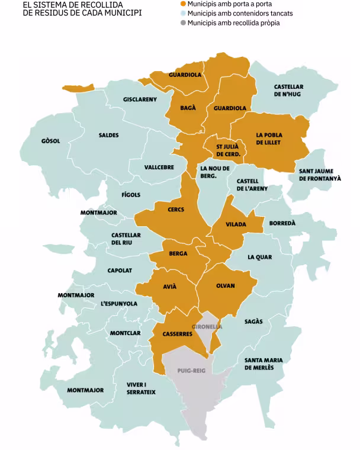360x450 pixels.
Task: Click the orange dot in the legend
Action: [x=183, y=4]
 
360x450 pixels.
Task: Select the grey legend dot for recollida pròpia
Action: [x=183, y=23]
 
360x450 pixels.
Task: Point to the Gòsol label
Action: [x=50, y=141]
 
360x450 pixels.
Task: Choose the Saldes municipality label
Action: [x=108, y=135]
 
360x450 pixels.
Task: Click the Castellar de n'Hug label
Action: [x=288, y=90]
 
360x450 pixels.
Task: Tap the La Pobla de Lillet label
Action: [x=269, y=139]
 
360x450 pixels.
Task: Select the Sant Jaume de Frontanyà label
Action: [x=320, y=174]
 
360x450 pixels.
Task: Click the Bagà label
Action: [x=188, y=108]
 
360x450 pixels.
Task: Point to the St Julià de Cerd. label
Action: [x=228, y=150]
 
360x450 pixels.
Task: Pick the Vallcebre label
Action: [x=159, y=167]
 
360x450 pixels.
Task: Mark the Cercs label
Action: [x=176, y=209]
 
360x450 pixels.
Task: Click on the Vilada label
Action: [x=237, y=224]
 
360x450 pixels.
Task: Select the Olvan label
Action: [x=225, y=286]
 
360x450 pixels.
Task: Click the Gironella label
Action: [x=207, y=326]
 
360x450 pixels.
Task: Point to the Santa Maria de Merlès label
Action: [x=263, y=364]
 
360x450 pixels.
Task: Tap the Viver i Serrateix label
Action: [x=141, y=388]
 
